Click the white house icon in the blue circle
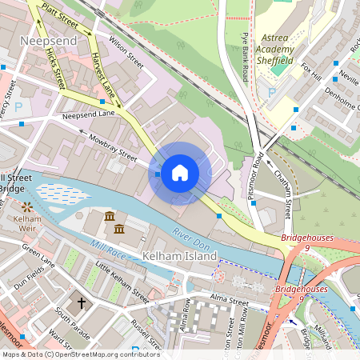(x=180, y=173)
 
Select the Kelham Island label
(x=179, y=257)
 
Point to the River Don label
(x=190, y=238)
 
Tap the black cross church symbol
(x=80, y=304)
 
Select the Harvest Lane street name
(x=102, y=77)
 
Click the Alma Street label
(x=228, y=298)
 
